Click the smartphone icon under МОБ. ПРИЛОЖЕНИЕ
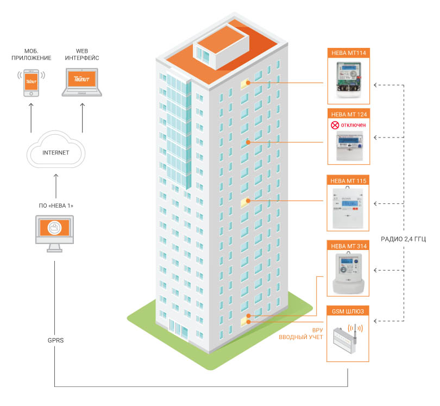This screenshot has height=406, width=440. click(x=31, y=82)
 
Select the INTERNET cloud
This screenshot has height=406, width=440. click(x=55, y=152)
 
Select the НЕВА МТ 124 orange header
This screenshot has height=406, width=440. click(x=348, y=114)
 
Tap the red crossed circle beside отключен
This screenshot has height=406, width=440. click(x=335, y=125)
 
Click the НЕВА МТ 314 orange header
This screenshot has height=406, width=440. click(x=348, y=245)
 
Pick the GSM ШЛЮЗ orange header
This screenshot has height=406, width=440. click(x=348, y=311)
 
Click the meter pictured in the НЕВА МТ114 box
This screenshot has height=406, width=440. click(x=348, y=80)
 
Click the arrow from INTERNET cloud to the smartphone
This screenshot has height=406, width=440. click(x=31, y=117)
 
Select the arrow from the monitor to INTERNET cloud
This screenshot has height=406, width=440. click(x=55, y=188)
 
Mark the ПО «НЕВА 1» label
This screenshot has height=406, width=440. click(x=55, y=206)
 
